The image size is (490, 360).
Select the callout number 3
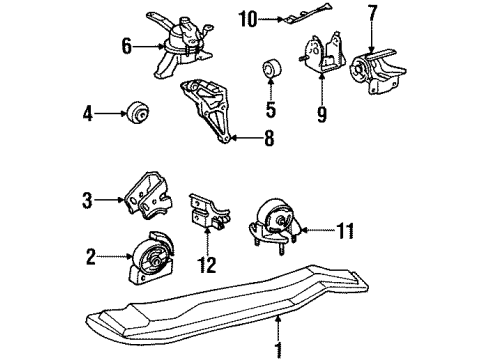(x=89, y=200)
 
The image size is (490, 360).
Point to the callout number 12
(x=208, y=264)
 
